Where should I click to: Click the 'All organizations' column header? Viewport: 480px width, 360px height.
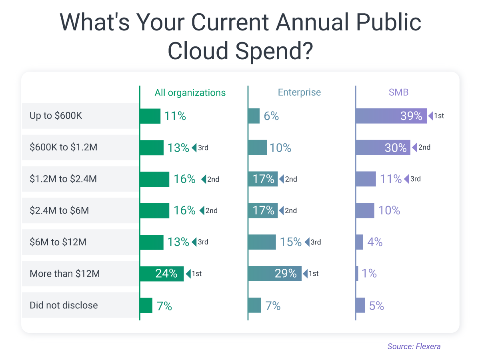click(190, 93)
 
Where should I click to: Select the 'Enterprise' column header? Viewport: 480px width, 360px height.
click(299, 92)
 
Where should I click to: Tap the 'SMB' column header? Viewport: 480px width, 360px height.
click(398, 92)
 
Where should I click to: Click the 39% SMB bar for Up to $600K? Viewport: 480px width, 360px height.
click(391, 116)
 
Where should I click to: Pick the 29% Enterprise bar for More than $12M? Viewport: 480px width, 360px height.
click(274, 274)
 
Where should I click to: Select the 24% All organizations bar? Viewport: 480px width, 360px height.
click(162, 274)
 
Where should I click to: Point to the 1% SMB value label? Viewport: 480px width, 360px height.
click(369, 274)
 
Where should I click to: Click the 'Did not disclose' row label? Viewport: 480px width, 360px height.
click(64, 305)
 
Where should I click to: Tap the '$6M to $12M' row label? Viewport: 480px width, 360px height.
click(58, 242)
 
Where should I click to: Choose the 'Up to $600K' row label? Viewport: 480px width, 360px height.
click(56, 116)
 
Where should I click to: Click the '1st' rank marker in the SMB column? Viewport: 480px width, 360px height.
click(436, 116)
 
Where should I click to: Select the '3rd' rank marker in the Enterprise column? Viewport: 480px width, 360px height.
click(313, 242)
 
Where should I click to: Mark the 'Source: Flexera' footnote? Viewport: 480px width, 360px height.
click(414, 346)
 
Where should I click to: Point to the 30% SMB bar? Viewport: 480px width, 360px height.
click(382, 148)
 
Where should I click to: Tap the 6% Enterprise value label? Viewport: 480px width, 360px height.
click(271, 116)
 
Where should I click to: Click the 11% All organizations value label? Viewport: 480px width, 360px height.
click(175, 116)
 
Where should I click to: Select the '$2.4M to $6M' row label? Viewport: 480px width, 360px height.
click(59, 210)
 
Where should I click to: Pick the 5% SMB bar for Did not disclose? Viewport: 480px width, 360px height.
click(360, 305)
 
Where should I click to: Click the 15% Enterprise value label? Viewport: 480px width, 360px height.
click(291, 242)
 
